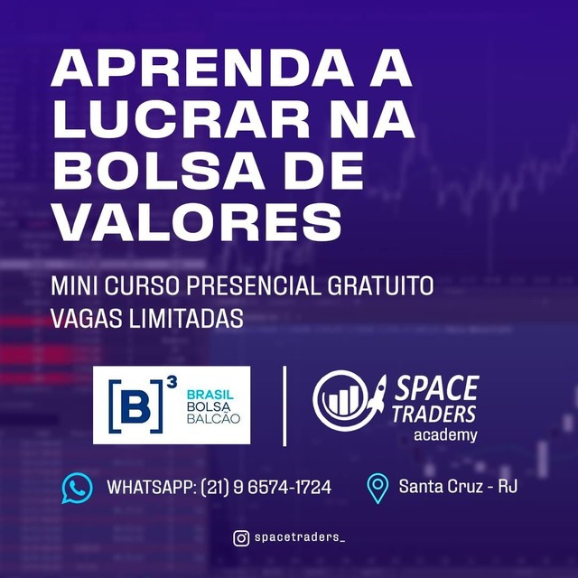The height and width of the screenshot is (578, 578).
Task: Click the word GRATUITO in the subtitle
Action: tap(380, 285)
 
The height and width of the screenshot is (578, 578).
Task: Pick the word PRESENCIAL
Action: tap(254, 285)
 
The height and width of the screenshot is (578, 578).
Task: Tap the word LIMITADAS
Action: tap(186, 318)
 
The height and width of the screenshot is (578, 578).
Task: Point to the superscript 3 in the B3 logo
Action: tap(172, 382)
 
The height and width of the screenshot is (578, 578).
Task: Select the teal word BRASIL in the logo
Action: tap(210, 395)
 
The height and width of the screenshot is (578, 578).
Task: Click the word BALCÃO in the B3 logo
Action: tap(213, 418)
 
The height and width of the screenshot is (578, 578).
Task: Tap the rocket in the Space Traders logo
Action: tap(377, 396)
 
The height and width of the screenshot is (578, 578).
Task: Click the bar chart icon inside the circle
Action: tap(340, 400)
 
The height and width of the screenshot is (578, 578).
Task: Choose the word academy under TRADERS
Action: tap(445, 435)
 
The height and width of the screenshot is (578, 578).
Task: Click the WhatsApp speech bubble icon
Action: tap(77, 488)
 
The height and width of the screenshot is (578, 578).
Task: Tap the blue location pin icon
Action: tap(378, 489)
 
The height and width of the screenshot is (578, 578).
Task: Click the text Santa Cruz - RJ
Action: tap(458, 486)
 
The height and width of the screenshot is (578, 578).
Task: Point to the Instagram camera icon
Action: tap(241, 538)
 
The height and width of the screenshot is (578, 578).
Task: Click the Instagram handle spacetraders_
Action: tap(300, 537)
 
